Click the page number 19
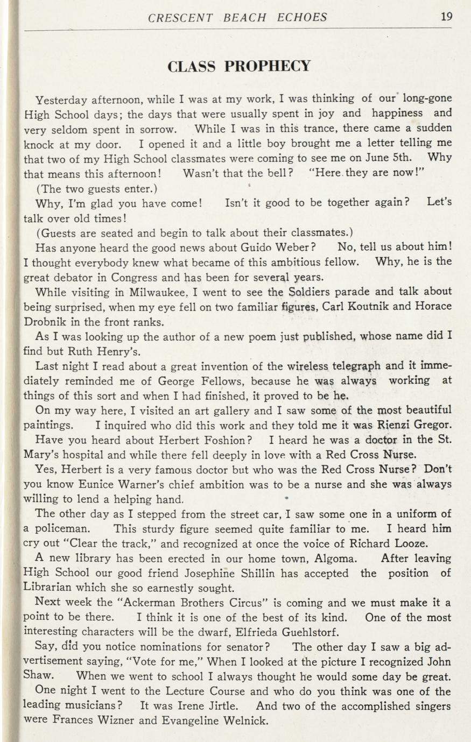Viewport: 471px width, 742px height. tap(446, 16)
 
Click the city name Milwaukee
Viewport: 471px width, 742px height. tap(157, 292)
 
